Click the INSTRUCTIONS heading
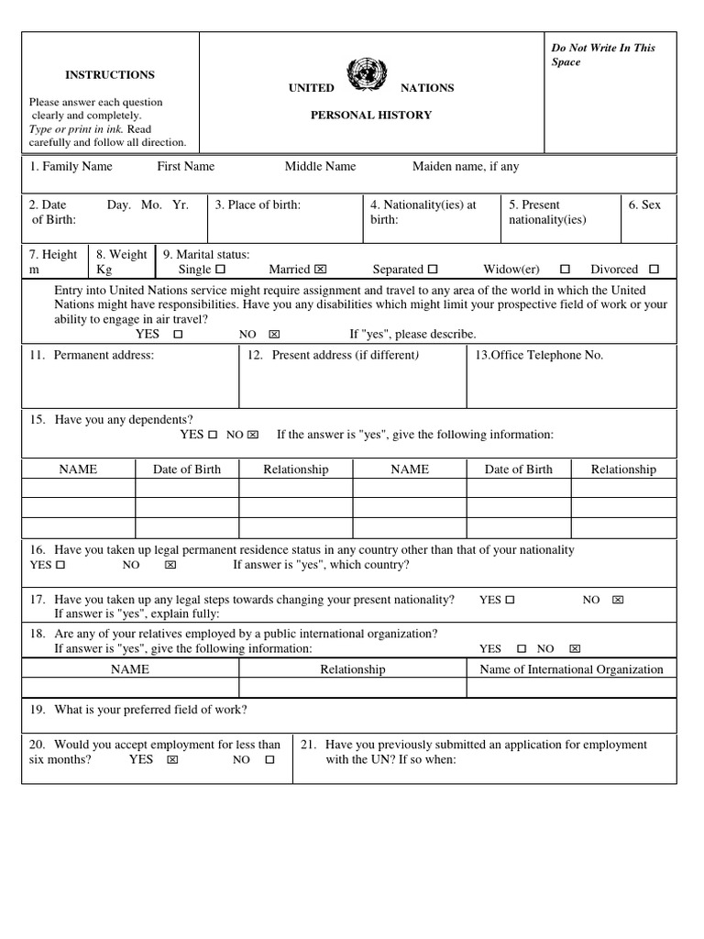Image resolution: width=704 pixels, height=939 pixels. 110,75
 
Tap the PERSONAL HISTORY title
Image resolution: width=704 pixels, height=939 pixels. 370,116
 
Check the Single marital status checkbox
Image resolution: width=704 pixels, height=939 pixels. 219,271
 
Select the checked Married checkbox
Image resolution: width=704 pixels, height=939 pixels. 320,271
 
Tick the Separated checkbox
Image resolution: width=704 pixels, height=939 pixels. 433,271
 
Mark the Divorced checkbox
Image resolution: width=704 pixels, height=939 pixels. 654,271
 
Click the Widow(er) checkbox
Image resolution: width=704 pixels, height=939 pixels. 565,271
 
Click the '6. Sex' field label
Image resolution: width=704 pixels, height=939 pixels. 644,205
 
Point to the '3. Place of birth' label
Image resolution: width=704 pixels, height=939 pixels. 258,205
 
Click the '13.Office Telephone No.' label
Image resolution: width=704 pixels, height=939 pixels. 538,356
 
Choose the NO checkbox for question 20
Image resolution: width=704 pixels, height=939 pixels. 269,760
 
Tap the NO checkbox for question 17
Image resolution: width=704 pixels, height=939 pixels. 617,601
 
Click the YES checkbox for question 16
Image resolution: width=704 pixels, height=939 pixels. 60,566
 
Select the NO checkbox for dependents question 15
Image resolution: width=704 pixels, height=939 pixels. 254,435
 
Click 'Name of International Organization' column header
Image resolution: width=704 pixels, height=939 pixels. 571,669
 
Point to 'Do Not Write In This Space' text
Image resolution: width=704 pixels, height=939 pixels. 602,55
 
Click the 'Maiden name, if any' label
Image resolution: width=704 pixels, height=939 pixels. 466,167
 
